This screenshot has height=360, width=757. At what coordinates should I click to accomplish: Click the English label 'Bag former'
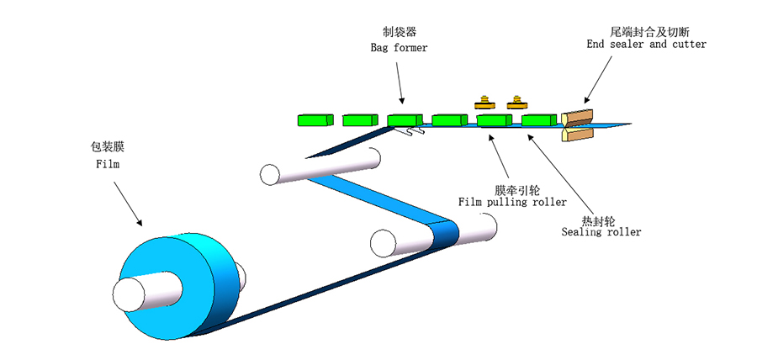pyautogui.click(x=399, y=48)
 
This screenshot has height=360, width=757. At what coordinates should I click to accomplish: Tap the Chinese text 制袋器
pyautogui.click(x=399, y=33)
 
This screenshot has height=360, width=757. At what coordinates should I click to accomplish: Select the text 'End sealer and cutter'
pyautogui.click(x=646, y=44)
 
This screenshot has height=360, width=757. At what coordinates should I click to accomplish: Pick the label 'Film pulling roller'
pyautogui.click(x=511, y=203)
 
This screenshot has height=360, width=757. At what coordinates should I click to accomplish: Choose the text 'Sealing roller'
pyautogui.click(x=601, y=231)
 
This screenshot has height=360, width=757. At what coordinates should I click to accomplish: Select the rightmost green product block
pyautogui.click(x=539, y=121)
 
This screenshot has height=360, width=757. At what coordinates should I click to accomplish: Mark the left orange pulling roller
pyautogui.click(x=484, y=103)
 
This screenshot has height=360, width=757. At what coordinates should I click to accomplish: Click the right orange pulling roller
pyautogui.click(x=517, y=103)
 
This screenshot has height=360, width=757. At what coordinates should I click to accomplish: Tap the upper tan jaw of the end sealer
pyautogui.click(x=577, y=117)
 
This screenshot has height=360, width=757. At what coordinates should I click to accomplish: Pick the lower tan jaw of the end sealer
pyautogui.click(x=576, y=134)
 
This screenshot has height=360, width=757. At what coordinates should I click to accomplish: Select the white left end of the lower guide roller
pyautogui.click(x=384, y=243)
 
